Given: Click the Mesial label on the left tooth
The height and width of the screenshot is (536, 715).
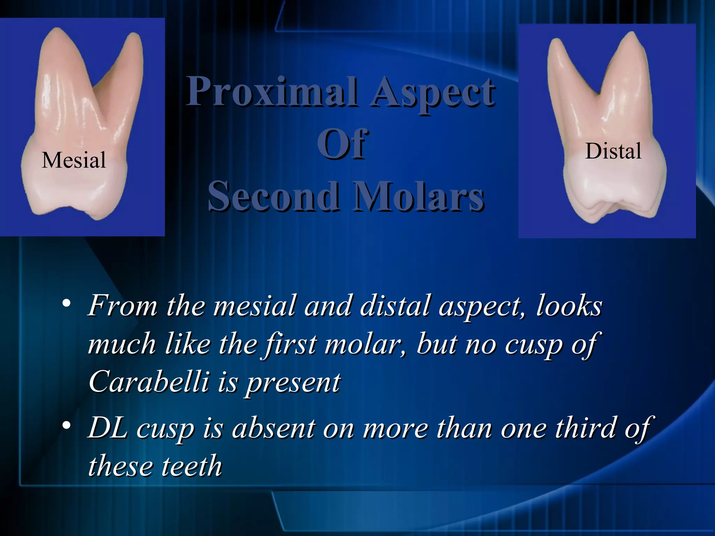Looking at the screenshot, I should coord(74,160).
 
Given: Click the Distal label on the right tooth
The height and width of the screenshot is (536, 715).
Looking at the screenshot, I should coord(613,151).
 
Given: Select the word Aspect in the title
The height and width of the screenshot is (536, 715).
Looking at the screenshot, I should coord(433,92).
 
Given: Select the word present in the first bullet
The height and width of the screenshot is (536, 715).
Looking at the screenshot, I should coord(294,383).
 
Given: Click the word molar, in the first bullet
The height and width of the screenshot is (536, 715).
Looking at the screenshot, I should coord(365,344).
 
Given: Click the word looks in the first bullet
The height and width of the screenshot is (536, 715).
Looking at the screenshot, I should coord(569,306).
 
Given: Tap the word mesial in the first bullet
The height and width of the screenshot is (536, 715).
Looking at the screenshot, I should coord(255,306).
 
